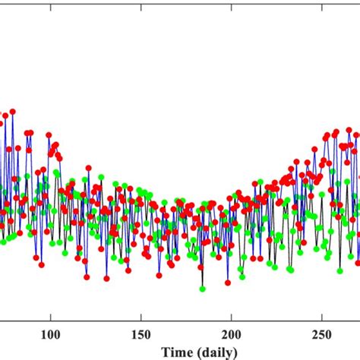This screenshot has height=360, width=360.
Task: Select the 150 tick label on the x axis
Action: pos(141,335)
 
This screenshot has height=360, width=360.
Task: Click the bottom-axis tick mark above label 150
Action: pos(141,322)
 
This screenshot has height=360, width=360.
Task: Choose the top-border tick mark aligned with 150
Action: pos(141,2)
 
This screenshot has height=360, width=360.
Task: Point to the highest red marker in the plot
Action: pos(12,112)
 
